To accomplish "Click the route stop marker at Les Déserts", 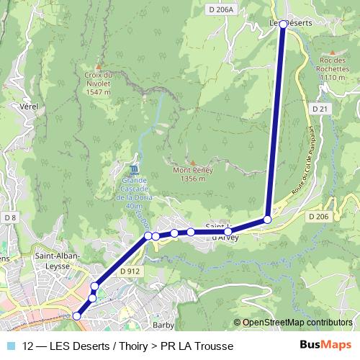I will (x=283, y=24).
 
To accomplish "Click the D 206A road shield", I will (x=220, y=9).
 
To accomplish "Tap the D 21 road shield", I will (x=320, y=108).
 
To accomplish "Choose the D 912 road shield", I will (x=130, y=271).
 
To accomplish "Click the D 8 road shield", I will (x=9, y=217).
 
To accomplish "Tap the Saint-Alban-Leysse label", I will (x=58, y=259).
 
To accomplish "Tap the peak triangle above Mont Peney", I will (x=192, y=162).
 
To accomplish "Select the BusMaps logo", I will (x=325, y=344).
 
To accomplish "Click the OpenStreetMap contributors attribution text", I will (x=297, y=323).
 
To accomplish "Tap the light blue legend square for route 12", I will (x=9, y=345).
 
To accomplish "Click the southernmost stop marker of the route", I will (x=77, y=315).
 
